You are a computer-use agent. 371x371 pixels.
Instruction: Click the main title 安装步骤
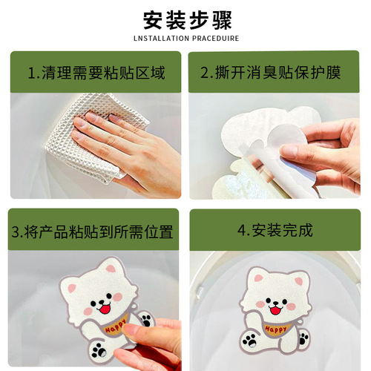point(185,18)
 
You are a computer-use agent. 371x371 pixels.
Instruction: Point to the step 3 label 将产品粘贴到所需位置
point(92,232)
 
